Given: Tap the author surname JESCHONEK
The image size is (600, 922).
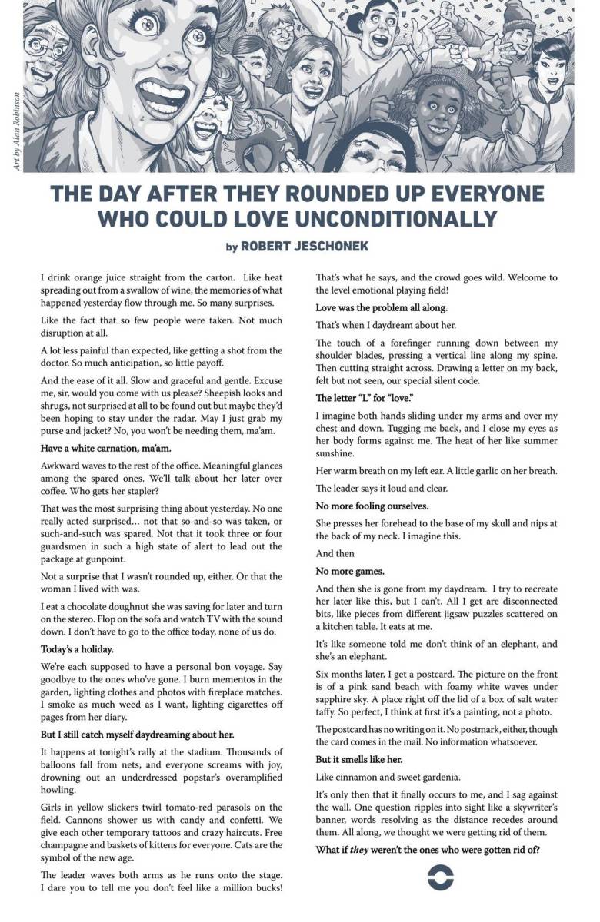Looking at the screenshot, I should pyautogui.click(x=335, y=246).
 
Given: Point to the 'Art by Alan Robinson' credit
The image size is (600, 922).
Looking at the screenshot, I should pyautogui.click(x=16, y=131).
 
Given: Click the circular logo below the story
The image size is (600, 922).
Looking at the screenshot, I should pyautogui.click(x=440, y=876).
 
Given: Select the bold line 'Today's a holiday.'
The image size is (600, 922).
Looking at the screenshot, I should pyautogui.click(x=80, y=649).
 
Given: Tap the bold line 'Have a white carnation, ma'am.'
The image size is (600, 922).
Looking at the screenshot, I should pyautogui.click(x=105, y=447).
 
